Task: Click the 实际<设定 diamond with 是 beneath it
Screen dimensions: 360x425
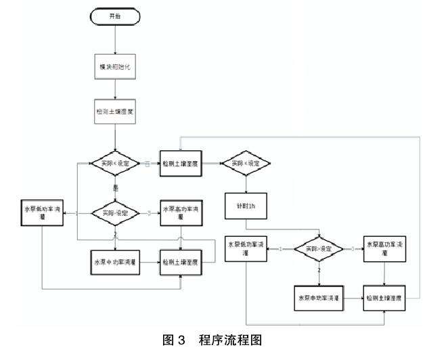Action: (x=114, y=163)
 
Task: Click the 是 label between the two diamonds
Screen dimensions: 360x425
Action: (x=114, y=188)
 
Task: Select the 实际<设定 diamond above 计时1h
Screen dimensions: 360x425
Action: (x=246, y=163)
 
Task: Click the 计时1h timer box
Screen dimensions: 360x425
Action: (x=246, y=205)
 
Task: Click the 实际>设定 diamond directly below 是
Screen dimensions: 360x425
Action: (x=114, y=212)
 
